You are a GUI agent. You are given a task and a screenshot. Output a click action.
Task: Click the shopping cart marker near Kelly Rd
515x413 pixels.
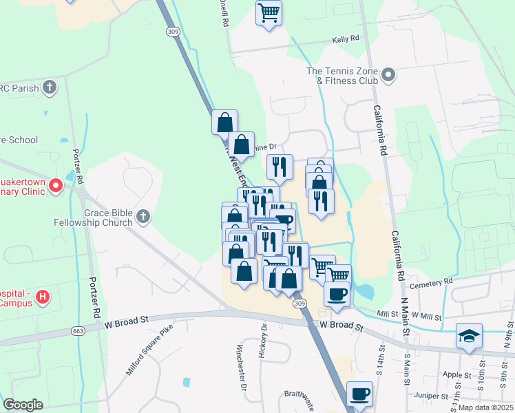(269, 12)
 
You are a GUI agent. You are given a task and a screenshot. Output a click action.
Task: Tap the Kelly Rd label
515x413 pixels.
(345, 39)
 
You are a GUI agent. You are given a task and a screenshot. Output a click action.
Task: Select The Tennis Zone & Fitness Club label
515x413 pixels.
(343, 76)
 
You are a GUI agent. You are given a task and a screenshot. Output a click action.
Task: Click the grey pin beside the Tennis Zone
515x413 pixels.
(388, 75)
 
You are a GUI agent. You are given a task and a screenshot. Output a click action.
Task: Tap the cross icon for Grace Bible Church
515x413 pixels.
(143, 218)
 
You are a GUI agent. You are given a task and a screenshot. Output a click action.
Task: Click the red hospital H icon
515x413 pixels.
(43, 297)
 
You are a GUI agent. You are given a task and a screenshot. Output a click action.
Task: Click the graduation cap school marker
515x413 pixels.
(468, 337)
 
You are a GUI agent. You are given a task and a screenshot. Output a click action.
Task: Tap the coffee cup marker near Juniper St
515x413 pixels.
(359, 394)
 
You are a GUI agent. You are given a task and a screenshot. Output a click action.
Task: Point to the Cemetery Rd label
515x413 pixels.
(430, 282)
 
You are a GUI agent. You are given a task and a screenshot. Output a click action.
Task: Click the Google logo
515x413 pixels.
(23, 404)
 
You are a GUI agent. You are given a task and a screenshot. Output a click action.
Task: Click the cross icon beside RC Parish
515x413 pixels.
(49, 87)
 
